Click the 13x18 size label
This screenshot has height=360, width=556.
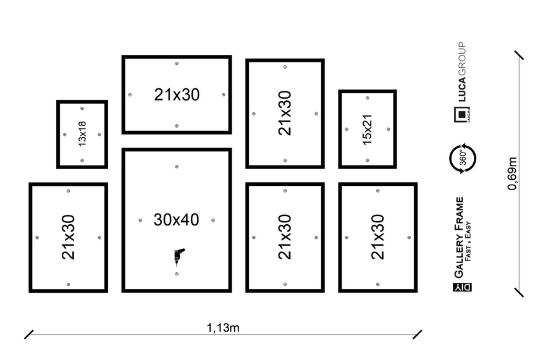pyautogui.click(x=82, y=133)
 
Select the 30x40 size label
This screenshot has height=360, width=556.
pyautogui.click(x=177, y=219)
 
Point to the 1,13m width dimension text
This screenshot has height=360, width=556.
pyautogui.click(x=223, y=327)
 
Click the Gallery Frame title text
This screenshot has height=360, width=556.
pyautogui.click(x=459, y=238)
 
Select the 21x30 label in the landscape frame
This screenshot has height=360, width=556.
pyautogui.click(x=177, y=94)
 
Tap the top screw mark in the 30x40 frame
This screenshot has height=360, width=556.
pyautogui.click(x=177, y=167)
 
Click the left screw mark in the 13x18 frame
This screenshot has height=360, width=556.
pyautogui.click(x=64, y=134)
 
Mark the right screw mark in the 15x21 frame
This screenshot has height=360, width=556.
pyautogui.click(x=387, y=129)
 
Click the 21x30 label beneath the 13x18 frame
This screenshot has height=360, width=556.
pyautogui.click(x=68, y=237)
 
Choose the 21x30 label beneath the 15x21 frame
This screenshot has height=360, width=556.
pyautogui.click(x=377, y=237)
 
